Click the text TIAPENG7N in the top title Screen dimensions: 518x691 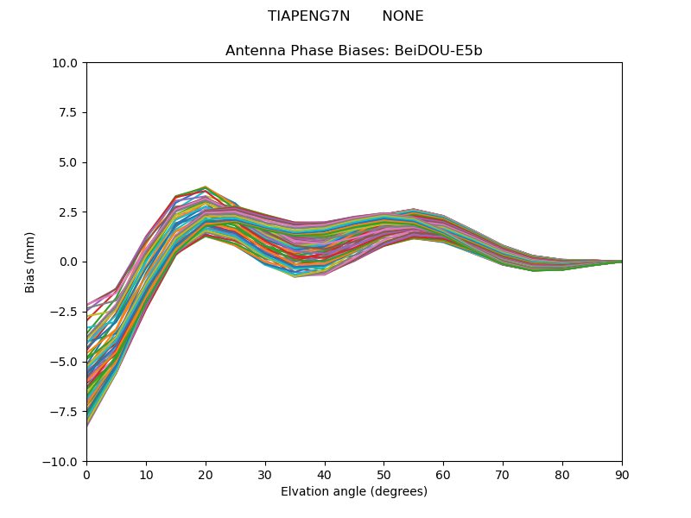[x=308, y=16]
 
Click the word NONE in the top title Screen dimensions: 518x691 [x=403, y=16]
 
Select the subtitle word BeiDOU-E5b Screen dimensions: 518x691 [x=438, y=51]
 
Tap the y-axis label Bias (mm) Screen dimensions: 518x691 [x=30, y=262]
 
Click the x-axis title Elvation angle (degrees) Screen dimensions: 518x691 [x=354, y=492]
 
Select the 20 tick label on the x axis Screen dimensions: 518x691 [x=206, y=474]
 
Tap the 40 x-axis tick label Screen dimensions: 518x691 [x=325, y=474]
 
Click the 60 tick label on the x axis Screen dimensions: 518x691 [x=443, y=474]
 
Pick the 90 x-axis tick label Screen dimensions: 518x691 [x=622, y=474]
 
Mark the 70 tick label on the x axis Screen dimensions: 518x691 [x=503, y=474]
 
